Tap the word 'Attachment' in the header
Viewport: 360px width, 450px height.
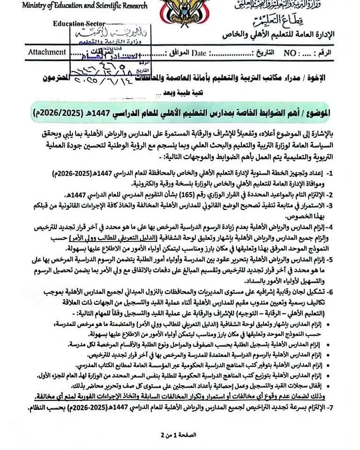click(46, 52)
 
